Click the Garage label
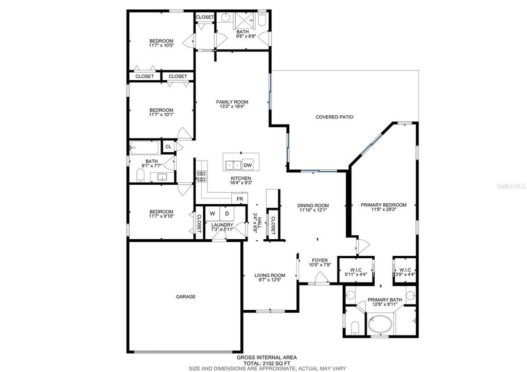coord(186,296)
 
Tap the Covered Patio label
coord(334,117)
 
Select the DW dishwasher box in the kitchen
coord(247,165)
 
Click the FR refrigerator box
coord(239,199)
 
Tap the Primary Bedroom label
coord(383,205)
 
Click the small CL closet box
coord(168,147)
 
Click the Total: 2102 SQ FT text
coord(266,363)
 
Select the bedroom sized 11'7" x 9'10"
coord(161,214)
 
